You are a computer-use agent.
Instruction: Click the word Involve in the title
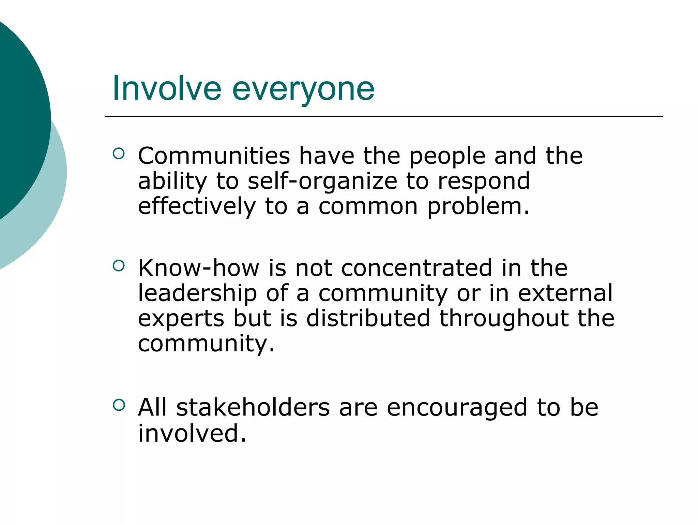[x=167, y=89]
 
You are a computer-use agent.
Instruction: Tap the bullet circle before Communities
[x=119, y=154]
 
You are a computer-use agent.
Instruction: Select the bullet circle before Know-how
[x=119, y=266]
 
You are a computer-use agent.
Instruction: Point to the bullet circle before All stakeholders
[x=119, y=405]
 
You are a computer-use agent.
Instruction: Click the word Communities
[x=214, y=156]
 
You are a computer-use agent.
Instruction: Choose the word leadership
[x=197, y=293]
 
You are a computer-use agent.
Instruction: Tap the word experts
[x=181, y=319]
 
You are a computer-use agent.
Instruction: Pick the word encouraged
[x=457, y=408]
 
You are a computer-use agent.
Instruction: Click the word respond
[x=484, y=181]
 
